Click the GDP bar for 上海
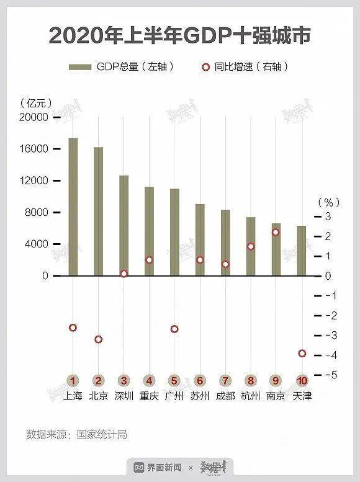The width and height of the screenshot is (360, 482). [73, 207]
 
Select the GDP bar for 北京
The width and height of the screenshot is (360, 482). [98, 211]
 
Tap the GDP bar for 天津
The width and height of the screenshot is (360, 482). [302, 251]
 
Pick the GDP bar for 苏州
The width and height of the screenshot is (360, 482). [200, 239]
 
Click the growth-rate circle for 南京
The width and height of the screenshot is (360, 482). [276, 232]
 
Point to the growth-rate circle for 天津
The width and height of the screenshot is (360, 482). [302, 353]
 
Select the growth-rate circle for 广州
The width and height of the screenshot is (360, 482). [174, 329]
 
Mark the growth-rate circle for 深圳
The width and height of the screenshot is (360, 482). [124, 274]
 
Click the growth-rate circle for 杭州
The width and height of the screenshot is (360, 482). [251, 246]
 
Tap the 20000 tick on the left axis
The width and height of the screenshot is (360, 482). [35, 117]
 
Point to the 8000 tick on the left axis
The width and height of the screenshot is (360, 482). [38, 212]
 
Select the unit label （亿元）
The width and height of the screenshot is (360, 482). [36, 102]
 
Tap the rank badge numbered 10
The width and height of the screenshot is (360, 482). [302, 380]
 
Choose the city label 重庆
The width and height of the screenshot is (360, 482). [149, 396]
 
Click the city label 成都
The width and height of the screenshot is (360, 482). [225, 396]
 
